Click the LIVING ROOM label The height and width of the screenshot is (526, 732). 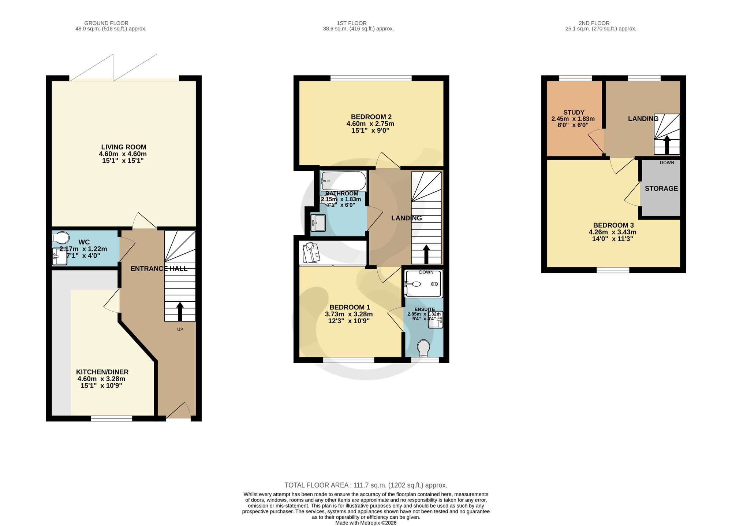click(124, 147)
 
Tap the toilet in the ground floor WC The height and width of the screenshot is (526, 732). click(60, 238)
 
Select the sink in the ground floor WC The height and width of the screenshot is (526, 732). click(60, 256)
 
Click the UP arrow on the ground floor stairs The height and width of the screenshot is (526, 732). click(180, 312)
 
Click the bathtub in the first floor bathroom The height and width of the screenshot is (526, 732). click(343, 181)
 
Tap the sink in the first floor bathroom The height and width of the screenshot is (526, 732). click(318, 222)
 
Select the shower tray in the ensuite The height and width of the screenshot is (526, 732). click(423, 284)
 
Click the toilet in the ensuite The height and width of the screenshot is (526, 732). click(423, 348)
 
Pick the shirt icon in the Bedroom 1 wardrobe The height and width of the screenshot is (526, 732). click(311, 253)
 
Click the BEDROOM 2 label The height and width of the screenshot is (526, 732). click(371, 117)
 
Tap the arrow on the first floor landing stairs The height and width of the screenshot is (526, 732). click(426, 254)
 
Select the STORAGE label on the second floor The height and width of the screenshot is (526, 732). click(661, 188)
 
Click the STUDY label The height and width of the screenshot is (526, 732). click(574, 113)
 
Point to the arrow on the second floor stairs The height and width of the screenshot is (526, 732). click(667, 145)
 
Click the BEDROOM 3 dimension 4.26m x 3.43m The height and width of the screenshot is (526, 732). click(613, 232)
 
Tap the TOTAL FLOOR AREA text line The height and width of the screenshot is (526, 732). click(366, 485)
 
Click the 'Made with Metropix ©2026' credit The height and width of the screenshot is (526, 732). click(366, 523)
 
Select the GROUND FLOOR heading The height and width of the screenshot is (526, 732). click(106, 23)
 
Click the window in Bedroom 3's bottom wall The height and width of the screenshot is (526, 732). click(613, 270)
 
